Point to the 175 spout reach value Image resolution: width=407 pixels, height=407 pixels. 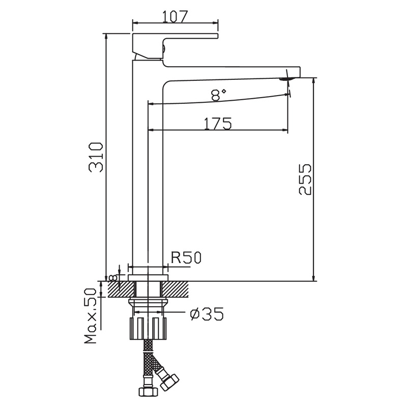218,124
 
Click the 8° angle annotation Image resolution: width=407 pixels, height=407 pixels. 218,94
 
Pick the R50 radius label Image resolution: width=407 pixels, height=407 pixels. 186,258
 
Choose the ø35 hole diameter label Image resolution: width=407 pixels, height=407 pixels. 206,314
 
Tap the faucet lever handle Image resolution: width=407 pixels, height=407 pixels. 173,41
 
